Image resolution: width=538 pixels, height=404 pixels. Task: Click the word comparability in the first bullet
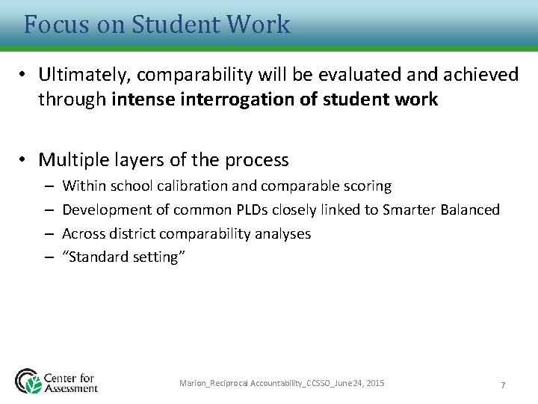(185, 75)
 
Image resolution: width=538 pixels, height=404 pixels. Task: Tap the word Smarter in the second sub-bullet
(409, 209)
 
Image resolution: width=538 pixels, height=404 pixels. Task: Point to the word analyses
(283, 233)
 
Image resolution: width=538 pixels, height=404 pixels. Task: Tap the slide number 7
(503, 385)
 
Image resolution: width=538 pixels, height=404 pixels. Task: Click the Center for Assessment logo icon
(28, 381)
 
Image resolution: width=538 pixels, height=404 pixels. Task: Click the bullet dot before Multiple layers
(25, 159)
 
